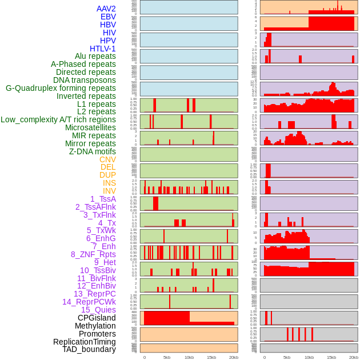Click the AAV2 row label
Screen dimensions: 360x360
tap(106, 9)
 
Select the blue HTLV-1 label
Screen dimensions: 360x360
tap(103, 49)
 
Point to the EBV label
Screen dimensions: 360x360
tap(108, 17)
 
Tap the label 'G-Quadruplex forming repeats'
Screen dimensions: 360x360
tap(61, 88)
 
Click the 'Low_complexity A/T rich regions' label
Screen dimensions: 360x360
tap(58, 119)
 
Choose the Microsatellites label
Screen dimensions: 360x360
tap(90, 127)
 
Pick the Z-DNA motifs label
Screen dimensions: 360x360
tap(93, 151)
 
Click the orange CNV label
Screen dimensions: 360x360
tap(107, 159)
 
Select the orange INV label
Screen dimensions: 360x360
tap(109, 191)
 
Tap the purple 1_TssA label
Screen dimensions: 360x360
tap(103, 199)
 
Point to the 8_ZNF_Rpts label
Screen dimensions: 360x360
tap(93, 254)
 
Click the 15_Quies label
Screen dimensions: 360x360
tap(98, 310)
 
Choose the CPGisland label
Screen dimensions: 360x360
tap(97, 318)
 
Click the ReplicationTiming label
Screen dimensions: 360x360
tap(85, 342)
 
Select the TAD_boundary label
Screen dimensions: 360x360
tap(89, 349)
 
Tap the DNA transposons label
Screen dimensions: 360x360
tap(85, 80)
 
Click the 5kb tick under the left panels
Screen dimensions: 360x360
tap(167, 357)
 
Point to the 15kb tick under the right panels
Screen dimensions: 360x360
tap(331, 357)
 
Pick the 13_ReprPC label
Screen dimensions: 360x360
tap(94, 294)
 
